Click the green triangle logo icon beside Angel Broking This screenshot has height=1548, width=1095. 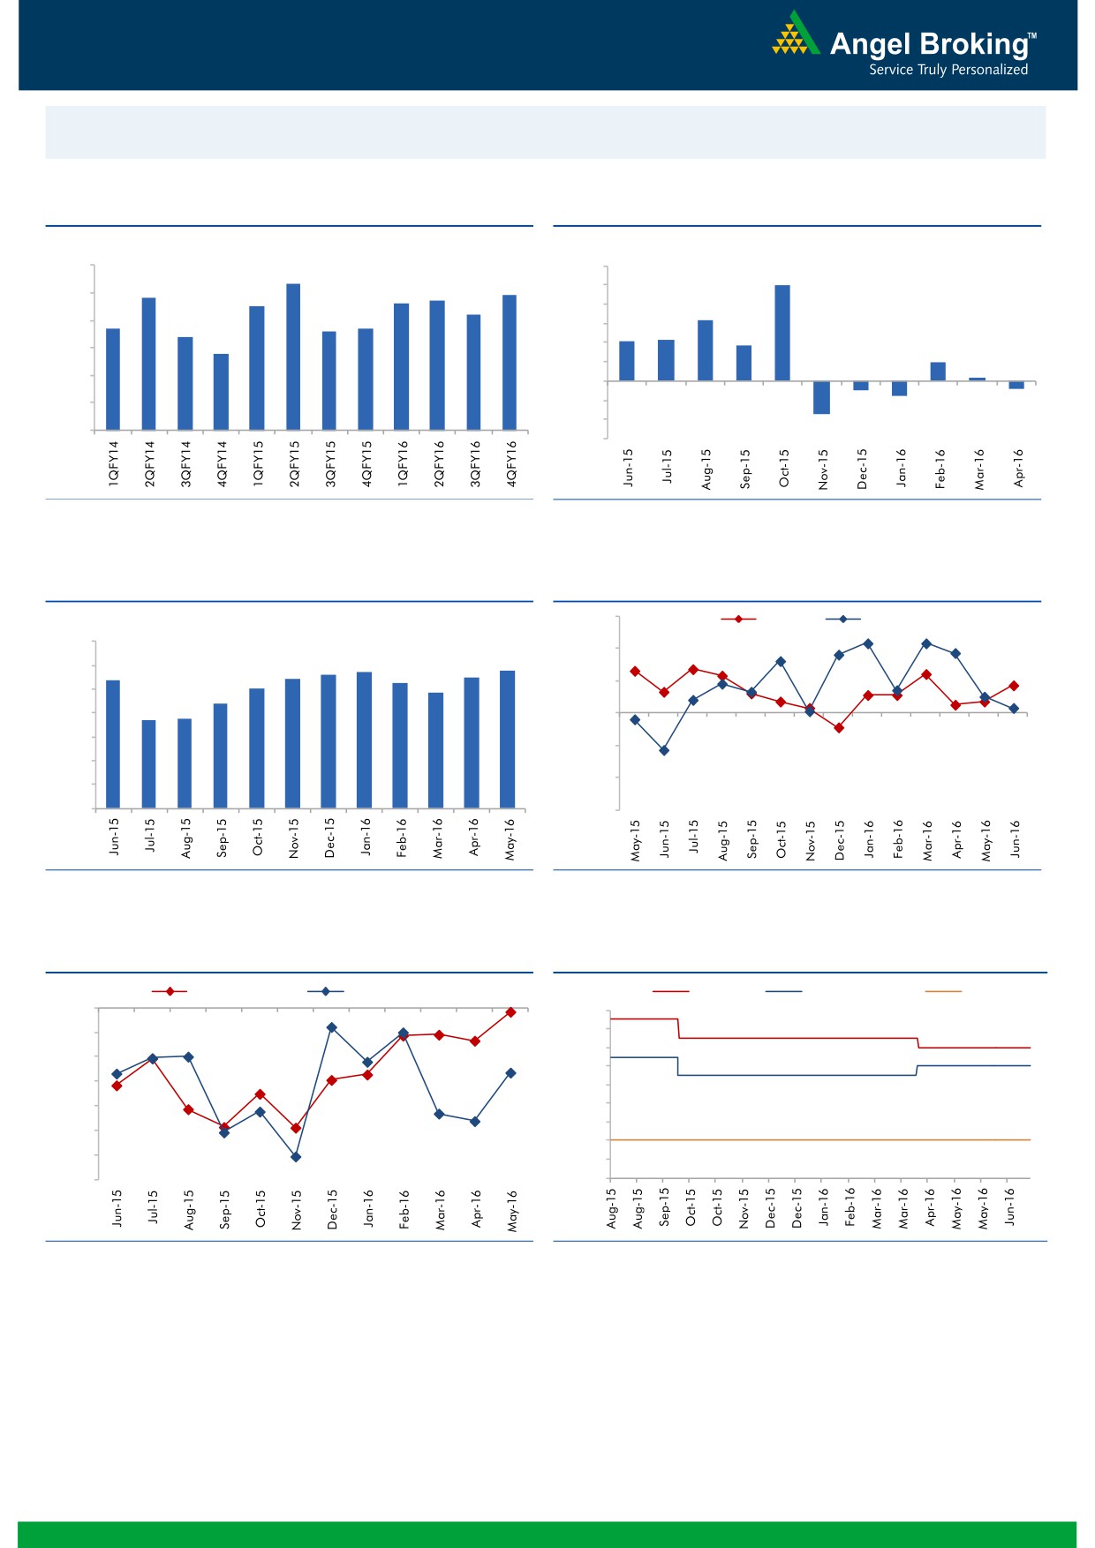point(796,34)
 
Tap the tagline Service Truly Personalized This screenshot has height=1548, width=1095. point(948,70)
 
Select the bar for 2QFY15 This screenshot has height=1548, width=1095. point(293,357)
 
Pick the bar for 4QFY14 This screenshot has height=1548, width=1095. point(221,392)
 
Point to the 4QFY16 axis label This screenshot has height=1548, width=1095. point(511,463)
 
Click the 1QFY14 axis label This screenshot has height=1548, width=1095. point(113,463)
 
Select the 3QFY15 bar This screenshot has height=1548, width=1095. point(329,380)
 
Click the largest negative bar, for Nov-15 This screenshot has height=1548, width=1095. point(821,397)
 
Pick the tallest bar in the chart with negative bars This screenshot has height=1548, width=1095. point(782,333)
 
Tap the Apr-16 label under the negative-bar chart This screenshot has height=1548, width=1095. point(1018,468)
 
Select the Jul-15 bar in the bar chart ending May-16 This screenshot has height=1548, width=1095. point(149,763)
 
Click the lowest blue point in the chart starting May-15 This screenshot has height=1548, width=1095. point(664,750)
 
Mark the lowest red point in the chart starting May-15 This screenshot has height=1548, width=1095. point(839,728)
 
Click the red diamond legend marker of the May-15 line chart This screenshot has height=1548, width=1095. point(738,619)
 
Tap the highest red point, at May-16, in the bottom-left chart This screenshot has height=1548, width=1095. point(510,1012)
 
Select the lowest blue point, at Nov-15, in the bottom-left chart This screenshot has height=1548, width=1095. point(296,1157)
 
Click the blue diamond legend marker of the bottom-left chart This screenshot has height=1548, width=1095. point(325,991)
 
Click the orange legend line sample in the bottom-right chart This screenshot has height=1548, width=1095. point(943,991)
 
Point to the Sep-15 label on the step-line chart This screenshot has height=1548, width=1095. point(665,1206)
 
